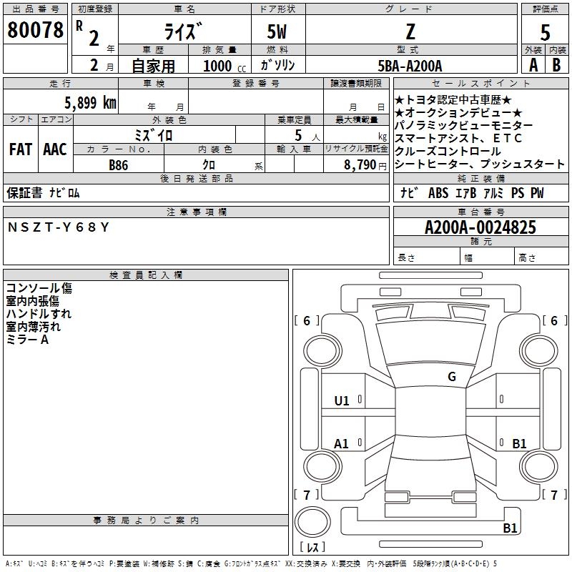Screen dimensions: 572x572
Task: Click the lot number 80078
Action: [x=35, y=29]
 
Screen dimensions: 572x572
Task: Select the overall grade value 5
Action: [x=545, y=32]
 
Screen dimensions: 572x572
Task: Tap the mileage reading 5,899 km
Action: [x=90, y=103]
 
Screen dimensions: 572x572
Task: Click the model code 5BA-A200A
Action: [x=410, y=66]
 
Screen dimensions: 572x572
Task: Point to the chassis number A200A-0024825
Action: [x=480, y=227]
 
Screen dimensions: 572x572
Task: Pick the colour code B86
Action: [x=119, y=165]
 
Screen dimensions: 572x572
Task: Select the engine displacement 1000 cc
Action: [x=225, y=66]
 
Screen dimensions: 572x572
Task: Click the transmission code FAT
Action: [x=21, y=149]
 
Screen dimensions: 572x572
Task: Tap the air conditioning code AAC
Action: [x=55, y=149]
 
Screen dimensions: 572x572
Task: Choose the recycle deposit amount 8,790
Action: [x=360, y=165]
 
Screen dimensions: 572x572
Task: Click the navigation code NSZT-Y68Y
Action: [x=59, y=227]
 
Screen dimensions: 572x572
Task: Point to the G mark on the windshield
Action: [x=452, y=376]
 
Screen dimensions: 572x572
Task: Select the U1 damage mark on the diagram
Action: [x=342, y=401]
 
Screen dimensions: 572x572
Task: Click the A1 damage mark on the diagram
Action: [x=342, y=443]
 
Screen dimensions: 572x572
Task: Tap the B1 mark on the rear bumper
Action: [x=510, y=528]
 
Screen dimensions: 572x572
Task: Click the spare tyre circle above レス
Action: [x=312, y=522]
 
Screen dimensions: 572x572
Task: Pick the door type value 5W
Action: [x=277, y=31]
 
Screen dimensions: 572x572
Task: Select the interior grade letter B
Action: [x=556, y=65]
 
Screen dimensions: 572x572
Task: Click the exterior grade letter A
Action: [x=533, y=65]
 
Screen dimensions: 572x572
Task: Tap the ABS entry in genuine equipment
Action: [x=438, y=193]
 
